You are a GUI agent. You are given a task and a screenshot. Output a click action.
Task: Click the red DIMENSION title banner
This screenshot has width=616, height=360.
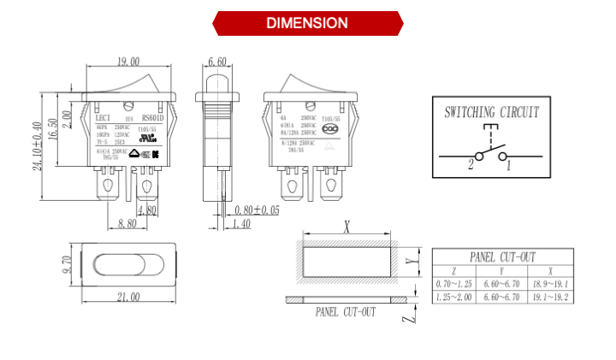click(x=307, y=23)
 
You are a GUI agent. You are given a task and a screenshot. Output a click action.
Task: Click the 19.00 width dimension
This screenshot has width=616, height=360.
click(x=128, y=62)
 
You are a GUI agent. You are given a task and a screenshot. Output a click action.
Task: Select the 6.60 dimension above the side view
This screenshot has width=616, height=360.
click(x=217, y=62)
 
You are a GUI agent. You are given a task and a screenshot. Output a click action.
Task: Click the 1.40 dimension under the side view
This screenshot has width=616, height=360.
click(x=241, y=224)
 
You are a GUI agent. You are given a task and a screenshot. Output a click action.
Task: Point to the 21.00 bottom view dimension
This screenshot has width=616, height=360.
click(x=127, y=296)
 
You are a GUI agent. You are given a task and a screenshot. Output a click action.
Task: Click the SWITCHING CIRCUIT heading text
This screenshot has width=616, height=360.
click(x=491, y=112)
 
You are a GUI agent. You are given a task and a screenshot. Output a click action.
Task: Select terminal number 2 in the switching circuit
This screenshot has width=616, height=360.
click(x=470, y=164)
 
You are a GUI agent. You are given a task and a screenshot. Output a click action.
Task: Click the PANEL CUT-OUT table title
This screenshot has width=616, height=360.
click(x=503, y=257)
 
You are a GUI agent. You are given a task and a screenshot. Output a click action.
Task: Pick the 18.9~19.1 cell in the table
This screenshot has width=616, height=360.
click(x=550, y=283)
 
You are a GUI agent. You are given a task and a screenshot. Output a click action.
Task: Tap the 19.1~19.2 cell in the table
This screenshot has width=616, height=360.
click(x=550, y=297)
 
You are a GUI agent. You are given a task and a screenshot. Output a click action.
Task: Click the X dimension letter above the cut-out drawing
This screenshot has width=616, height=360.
click(x=346, y=227)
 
